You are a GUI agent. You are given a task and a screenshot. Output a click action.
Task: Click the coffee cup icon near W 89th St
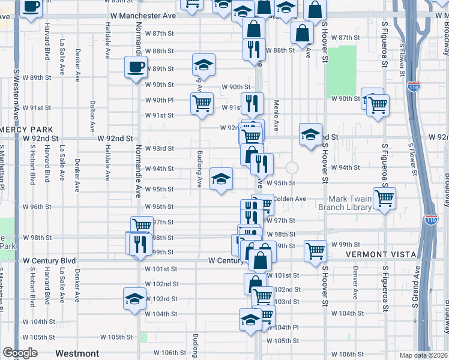[x=136, y=66]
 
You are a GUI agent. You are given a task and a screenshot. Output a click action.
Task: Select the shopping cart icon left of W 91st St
[x=202, y=103]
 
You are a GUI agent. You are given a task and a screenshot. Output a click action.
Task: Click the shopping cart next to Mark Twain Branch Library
[x=384, y=197]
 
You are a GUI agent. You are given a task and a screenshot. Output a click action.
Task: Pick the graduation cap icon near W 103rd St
[x=134, y=298]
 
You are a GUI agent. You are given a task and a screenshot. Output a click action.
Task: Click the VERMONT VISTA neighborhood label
[x=381, y=255]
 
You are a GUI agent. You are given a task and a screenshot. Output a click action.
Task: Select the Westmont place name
[x=77, y=353]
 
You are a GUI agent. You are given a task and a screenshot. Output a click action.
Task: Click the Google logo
[x=20, y=353]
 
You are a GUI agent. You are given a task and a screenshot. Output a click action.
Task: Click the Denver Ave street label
[x=355, y=286]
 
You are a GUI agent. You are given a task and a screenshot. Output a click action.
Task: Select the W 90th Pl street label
[x=159, y=100]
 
